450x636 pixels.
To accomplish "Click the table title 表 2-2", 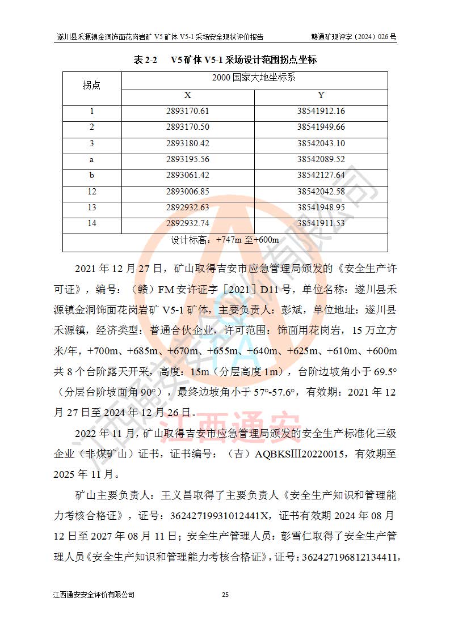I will (145, 60).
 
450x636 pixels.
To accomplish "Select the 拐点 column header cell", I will (91, 85).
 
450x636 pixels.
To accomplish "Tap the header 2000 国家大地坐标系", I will (254, 78).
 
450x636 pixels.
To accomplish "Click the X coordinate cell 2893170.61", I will (188, 111).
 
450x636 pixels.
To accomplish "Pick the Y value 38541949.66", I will (321, 127).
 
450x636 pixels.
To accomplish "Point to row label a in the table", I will (91, 159).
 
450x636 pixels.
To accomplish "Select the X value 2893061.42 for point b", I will (188, 175).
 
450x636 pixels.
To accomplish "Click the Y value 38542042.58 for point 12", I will (321, 192).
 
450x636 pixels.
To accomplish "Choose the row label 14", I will (91, 223).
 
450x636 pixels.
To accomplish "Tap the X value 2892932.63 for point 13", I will (188, 207).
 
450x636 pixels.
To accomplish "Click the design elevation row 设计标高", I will (225, 240).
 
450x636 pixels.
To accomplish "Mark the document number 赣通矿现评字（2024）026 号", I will (354, 37).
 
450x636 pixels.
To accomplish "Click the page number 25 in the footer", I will (225, 595).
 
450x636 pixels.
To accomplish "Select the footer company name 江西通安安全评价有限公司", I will (94, 595).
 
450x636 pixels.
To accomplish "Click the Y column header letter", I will (321, 95).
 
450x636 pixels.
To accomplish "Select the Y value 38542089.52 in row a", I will (321, 159).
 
